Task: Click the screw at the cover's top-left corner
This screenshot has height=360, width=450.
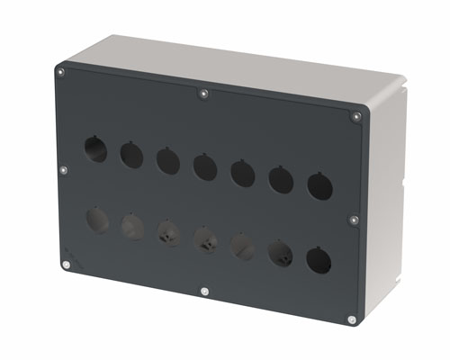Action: click(60, 71)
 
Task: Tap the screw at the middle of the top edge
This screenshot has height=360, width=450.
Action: click(205, 93)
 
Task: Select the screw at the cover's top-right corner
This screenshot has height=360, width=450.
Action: click(354, 114)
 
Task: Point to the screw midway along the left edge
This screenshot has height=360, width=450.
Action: click(63, 168)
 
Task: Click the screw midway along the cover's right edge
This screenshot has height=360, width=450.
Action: click(354, 219)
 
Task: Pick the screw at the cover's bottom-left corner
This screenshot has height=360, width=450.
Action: click(66, 265)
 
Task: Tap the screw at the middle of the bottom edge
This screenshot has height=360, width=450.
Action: click(205, 292)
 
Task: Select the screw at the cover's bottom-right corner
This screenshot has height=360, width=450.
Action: click(352, 319)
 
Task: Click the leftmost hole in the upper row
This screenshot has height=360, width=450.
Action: click(95, 149)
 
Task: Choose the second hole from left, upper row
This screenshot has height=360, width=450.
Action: click(131, 156)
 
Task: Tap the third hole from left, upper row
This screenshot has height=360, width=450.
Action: click(167, 161)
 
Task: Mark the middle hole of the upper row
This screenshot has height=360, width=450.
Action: click(204, 166)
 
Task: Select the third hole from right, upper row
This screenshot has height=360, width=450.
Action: click(243, 173)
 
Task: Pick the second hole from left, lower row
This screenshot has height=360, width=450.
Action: click(131, 226)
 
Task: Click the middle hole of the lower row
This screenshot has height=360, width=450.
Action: click(204, 239)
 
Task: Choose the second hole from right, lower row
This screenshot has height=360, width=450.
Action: click(280, 253)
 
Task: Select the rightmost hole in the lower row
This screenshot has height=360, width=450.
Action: click(318, 261)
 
